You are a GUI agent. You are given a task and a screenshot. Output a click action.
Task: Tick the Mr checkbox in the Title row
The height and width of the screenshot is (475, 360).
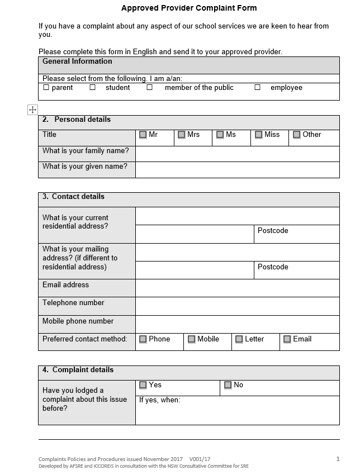click(x=143, y=135)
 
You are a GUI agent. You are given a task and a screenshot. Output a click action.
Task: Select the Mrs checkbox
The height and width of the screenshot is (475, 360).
click(x=182, y=135)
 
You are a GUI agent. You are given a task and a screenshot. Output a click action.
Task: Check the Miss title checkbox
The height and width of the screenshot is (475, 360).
click(x=259, y=135)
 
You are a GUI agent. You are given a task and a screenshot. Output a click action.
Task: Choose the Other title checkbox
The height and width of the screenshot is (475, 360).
click(x=297, y=135)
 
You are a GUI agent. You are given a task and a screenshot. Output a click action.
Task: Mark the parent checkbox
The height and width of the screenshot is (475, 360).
click(x=46, y=88)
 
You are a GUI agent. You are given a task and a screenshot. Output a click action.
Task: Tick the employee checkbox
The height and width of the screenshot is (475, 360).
click(x=258, y=88)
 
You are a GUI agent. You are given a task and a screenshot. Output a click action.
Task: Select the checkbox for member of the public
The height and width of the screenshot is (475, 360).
click(x=150, y=88)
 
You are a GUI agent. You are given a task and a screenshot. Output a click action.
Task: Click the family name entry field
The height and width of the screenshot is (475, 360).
click(x=237, y=154)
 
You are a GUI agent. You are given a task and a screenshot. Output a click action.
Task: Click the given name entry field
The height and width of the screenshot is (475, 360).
click(x=237, y=169)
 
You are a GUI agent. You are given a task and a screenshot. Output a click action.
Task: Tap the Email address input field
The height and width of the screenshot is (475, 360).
click(x=237, y=288)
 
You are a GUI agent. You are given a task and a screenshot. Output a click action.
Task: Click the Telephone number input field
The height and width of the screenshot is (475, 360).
click(x=237, y=306)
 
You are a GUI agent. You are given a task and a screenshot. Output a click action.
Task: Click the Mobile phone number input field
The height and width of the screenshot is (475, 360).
click(x=237, y=324)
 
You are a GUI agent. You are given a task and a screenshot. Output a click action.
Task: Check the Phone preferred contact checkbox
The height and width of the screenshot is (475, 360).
click(x=143, y=339)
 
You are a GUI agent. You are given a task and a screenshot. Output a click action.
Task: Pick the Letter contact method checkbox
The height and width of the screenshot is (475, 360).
click(x=239, y=339)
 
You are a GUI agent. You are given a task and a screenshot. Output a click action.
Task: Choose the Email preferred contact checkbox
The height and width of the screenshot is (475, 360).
click(x=287, y=339)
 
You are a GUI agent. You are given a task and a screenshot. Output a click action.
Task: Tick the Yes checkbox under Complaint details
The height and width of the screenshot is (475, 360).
click(x=143, y=385)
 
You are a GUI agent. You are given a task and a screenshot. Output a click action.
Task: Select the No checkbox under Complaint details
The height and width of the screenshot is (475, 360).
click(x=228, y=385)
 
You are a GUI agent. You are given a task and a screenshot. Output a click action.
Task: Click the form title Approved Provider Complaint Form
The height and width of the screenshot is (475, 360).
click(x=189, y=8)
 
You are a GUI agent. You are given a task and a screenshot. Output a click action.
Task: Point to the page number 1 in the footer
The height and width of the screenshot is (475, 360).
click(x=338, y=459)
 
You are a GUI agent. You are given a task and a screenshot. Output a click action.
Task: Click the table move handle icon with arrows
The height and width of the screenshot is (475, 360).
click(x=32, y=110)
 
